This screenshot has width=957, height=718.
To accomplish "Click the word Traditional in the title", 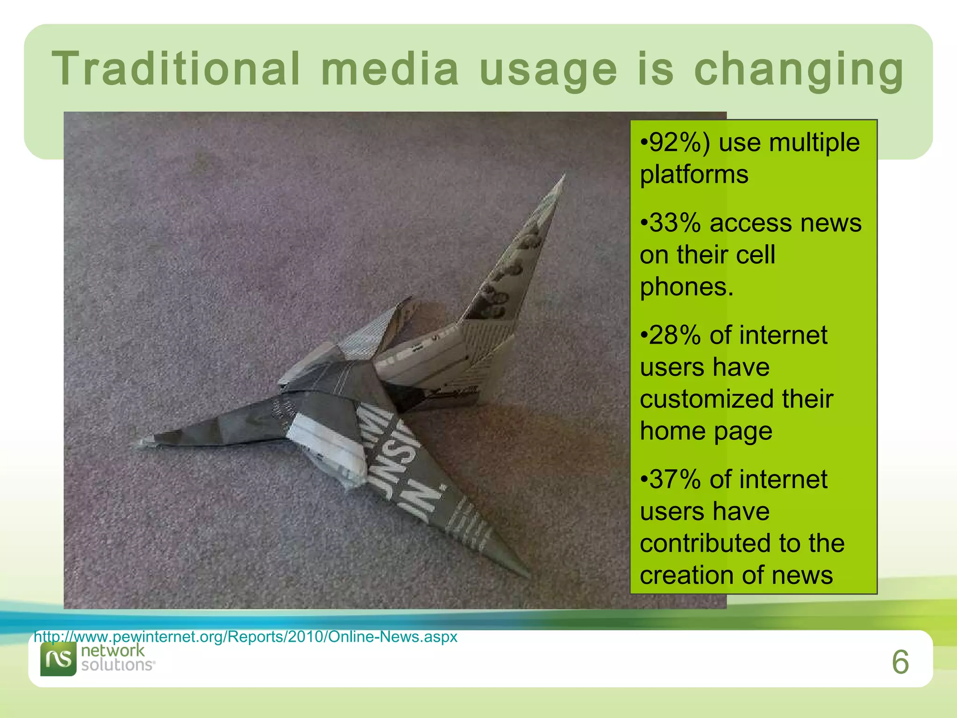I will (x=176, y=69).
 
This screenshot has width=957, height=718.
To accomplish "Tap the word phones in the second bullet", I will (x=685, y=287).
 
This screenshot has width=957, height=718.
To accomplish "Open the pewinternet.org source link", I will (x=246, y=637).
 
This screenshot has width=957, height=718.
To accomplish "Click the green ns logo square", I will (x=58, y=659).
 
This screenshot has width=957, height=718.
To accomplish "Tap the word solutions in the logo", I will (x=117, y=665).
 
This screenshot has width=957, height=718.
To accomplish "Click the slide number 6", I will (x=900, y=662).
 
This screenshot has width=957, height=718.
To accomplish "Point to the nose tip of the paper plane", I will (x=138, y=444).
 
